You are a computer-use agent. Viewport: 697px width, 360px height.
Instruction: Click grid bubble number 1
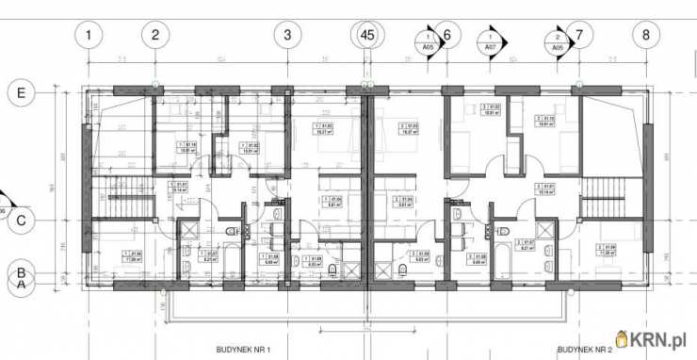[89, 36]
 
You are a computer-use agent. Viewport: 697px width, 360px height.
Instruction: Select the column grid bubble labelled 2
[154, 36]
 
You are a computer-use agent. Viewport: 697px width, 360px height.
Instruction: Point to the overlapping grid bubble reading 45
[367, 36]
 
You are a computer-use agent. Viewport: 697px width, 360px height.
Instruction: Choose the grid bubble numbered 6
[447, 36]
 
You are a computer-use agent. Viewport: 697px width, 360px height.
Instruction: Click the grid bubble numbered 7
[580, 36]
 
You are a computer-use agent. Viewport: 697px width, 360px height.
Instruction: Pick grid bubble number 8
[646, 36]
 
